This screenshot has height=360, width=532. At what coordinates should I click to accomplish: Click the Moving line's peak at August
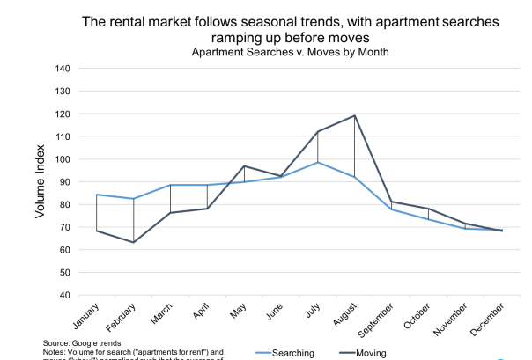coord(354,115)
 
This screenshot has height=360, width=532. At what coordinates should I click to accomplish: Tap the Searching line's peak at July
coord(318,162)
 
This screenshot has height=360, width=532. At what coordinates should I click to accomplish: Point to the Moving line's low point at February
coord(134,242)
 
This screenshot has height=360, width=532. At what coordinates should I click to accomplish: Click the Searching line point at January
coord(97,195)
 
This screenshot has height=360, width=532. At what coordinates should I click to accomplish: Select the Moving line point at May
coord(244,166)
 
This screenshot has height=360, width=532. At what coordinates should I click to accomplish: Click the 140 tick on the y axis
coord(62,69)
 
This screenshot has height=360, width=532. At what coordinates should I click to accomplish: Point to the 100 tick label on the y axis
coord(62,159)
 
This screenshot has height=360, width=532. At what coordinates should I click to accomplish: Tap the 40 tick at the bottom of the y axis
coord(64,296)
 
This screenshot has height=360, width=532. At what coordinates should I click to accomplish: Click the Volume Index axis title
coord(40,182)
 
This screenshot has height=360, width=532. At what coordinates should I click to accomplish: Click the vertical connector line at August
coord(354,146)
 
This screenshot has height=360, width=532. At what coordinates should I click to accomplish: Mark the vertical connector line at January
coord(97,213)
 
